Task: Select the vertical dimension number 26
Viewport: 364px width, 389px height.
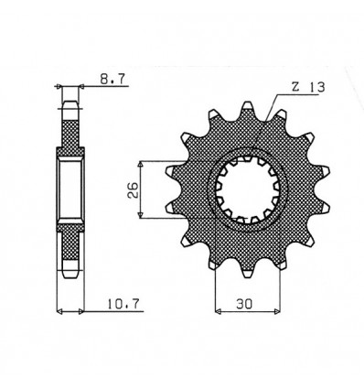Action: pyautogui.click(x=133, y=189)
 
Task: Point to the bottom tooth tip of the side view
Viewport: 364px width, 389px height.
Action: pyautogui.click(x=70, y=272)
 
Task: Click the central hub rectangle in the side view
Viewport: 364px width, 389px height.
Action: pyautogui.click(x=70, y=189)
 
